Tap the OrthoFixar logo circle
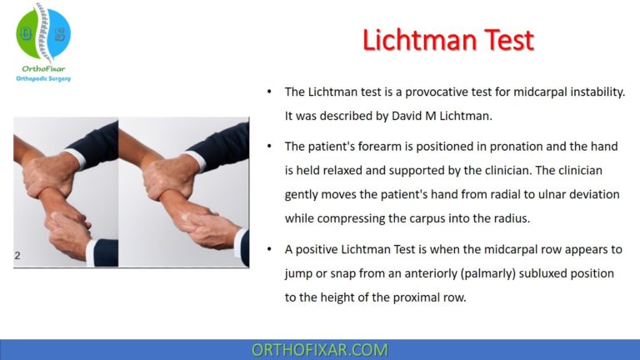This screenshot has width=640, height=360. click(x=42, y=32)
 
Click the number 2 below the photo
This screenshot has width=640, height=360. click(x=17, y=256)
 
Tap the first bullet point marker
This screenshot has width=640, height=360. click(x=268, y=92)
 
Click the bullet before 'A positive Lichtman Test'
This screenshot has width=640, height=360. click(x=268, y=248)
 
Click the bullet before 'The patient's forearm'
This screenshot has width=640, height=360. click(x=268, y=147)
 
